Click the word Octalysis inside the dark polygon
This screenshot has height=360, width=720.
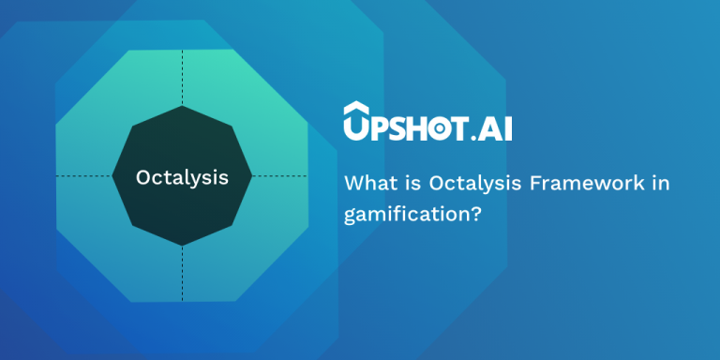[181, 176]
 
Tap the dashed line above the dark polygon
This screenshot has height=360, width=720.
[182, 79]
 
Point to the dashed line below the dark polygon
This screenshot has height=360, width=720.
[182, 273]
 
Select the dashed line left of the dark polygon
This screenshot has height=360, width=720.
[84, 175]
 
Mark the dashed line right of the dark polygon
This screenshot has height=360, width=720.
[279, 175]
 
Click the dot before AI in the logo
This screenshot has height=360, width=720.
[472, 136]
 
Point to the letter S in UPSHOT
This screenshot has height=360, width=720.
[396, 126]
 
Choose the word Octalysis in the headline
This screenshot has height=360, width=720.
[459, 183]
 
